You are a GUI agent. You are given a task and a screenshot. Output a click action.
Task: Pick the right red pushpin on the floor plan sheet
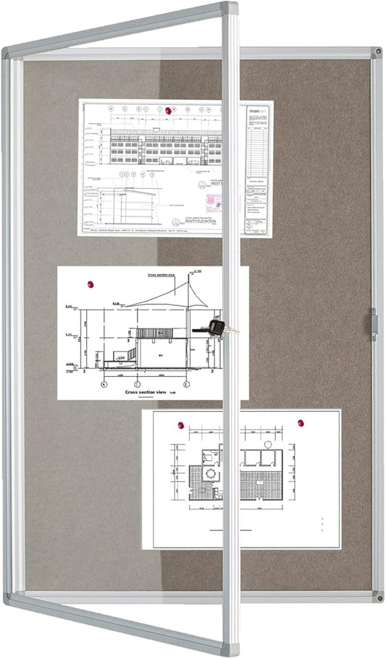pyautogui.click(x=299, y=422)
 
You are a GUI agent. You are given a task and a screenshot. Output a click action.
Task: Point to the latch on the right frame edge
pyautogui.click(x=374, y=322)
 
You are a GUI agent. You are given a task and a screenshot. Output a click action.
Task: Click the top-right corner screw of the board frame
pyautogui.click(x=377, y=54)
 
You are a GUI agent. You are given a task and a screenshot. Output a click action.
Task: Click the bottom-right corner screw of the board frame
pyautogui.click(x=377, y=597)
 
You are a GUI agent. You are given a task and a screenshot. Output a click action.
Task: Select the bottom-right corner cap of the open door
pyautogui.click(x=231, y=648)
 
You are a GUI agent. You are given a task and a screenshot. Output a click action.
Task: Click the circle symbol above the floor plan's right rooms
pyautogui.click(x=268, y=443)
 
